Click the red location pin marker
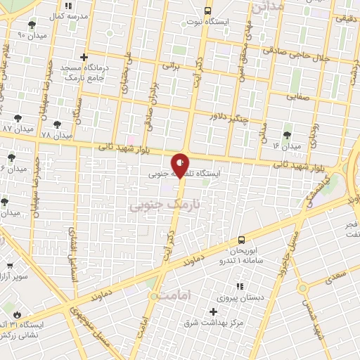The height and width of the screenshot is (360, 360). pyautogui.click(x=181, y=165)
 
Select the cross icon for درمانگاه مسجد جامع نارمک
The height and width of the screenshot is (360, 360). pyautogui.click(x=84, y=57)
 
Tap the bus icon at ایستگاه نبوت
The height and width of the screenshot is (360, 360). pyautogui.click(x=207, y=11)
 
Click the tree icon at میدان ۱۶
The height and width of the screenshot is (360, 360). pyautogui.click(x=287, y=134)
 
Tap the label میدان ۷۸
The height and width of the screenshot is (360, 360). pyautogui.click(x=56, y=134)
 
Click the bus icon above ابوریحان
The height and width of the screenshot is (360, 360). pyautogui.click(x=242, y=239)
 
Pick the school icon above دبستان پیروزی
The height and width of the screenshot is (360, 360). pyautogui.click(x=240, y=286)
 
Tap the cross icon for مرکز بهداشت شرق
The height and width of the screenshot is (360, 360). pyautogui.click(x=214, y=311)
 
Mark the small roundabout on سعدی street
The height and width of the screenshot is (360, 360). pyautogui.click(x=303, y=288)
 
